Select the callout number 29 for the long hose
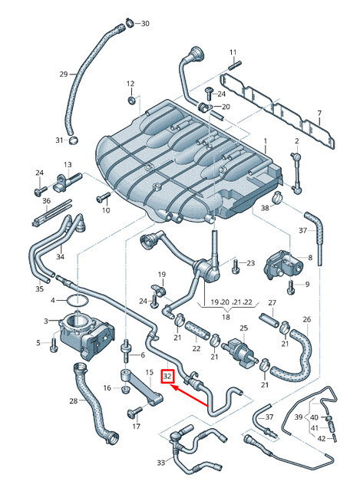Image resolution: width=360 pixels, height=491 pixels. coord(64,74)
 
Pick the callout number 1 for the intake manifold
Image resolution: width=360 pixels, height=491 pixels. coord(266,142)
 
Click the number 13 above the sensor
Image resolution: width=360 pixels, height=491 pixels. coord(67,165)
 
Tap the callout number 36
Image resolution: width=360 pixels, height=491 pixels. coord(45,201)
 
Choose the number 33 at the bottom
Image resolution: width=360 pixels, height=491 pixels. coord(160,463)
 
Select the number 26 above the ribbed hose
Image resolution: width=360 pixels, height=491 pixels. coord(306,319)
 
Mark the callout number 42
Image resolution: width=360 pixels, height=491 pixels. coord(322,439)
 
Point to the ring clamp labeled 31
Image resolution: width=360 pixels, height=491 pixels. coord(73,140)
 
